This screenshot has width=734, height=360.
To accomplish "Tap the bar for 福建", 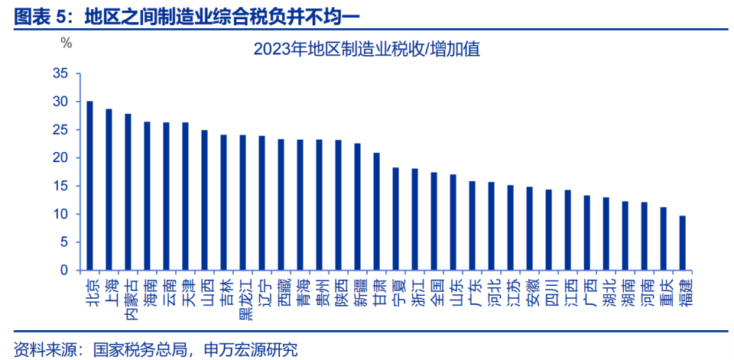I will pyautogui.click(x=683, y=243).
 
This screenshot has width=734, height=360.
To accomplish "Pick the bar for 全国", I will pyautogui.click(x=434, y=221).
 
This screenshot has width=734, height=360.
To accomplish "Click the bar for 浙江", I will pyautogui.click(x=415, y=219).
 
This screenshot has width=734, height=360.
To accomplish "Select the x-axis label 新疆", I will pyautogui.click(x=358, y=290).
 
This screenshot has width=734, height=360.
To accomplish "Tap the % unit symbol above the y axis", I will pyautogui.click(x=67, y=43).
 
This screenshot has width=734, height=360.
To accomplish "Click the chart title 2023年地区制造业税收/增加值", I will pyautogui.click(x=366, y=50).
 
